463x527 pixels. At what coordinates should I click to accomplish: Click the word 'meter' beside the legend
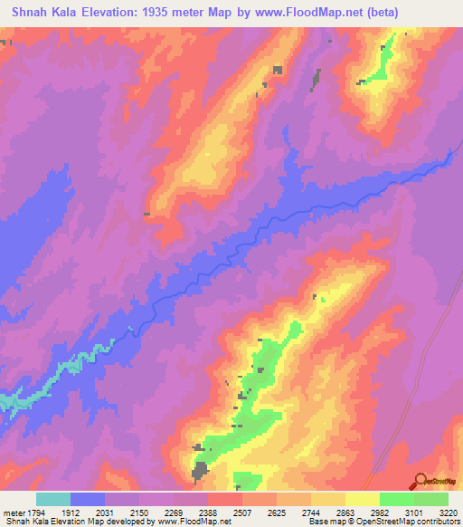(x=13, y=512)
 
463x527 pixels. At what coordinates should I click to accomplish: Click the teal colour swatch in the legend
(x=53, y=499)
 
